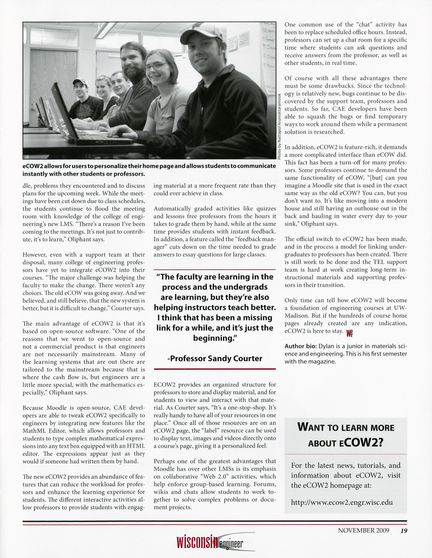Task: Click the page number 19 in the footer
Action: tap(404, 530)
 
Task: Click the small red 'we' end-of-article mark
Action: tap(349, 333)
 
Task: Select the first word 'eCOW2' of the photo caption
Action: tap(33, 166)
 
